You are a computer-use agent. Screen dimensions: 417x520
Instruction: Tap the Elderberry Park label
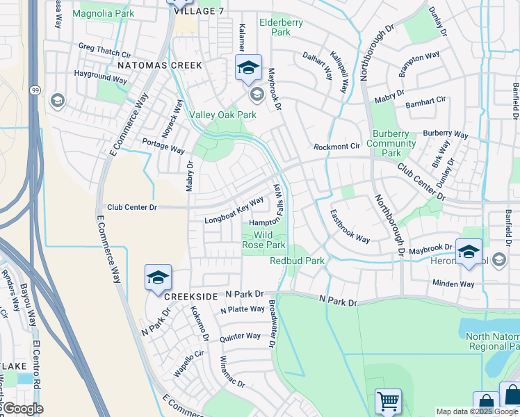click(x=281, y=27)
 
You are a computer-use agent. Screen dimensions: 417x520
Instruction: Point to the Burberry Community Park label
click(x=391, y=144)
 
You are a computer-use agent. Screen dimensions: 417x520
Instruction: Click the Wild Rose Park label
click(x=263, y=240)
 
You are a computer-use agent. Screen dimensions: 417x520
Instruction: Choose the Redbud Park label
click(x=297, y=261)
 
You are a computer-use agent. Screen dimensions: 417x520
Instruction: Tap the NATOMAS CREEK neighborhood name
click(x=159, y=65)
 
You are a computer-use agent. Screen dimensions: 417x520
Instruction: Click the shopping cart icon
click(x=388, y=401)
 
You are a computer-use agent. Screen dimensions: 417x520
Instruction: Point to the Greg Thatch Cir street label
click(x=105, y=50)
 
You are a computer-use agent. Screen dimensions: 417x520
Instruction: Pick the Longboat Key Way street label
click(x=234, y=211)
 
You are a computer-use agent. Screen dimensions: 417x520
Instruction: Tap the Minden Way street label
click(x=453, y=284)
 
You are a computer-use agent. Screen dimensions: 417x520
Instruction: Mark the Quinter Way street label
click(x=240, y=336)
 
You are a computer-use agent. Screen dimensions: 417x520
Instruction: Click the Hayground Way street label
click(x=100, y=76)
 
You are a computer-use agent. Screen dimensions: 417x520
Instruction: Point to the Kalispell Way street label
click(x=339, y=72)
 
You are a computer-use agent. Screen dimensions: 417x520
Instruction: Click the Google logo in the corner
click(x=22, y=409)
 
